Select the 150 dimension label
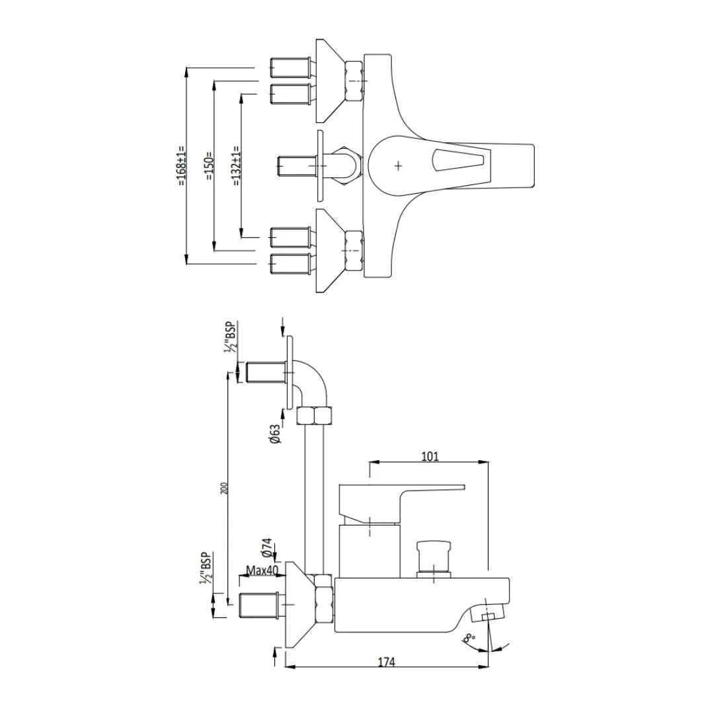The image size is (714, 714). coord(210,166)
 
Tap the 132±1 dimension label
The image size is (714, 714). coord(236,165)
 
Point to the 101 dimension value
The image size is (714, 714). coord(430,456)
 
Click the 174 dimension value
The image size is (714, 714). coord(386,661)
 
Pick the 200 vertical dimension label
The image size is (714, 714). coord(224,488)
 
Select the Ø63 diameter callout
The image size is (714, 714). coord(275,434)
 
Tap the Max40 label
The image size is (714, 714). coord(262,570)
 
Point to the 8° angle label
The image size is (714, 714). coord(469,639)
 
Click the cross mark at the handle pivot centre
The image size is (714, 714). coord(398,166)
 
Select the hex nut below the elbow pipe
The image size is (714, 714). coord(315,416)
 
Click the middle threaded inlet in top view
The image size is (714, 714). coord(297,165)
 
